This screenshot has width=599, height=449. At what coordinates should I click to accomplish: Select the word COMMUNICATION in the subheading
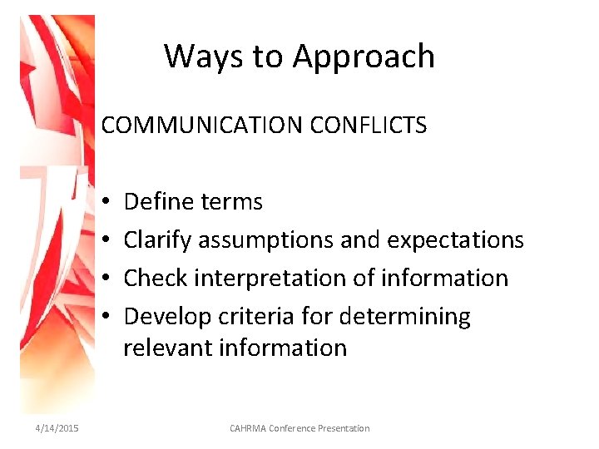pos(202,126)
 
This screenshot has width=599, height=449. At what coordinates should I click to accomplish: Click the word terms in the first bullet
pos(232,201)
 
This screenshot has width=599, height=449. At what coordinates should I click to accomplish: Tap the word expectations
pos(455,240)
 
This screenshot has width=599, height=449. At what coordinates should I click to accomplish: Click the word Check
pos(156,278)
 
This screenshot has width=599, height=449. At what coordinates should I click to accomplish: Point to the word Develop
pos(166,317)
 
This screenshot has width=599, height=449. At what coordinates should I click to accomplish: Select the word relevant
pos(167,347)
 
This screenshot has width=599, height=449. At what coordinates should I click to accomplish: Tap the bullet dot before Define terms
pos(107,202)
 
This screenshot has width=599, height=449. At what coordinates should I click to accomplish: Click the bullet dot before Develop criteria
pos(107,317)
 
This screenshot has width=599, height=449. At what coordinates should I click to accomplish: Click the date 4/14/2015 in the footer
pos(57,428)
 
